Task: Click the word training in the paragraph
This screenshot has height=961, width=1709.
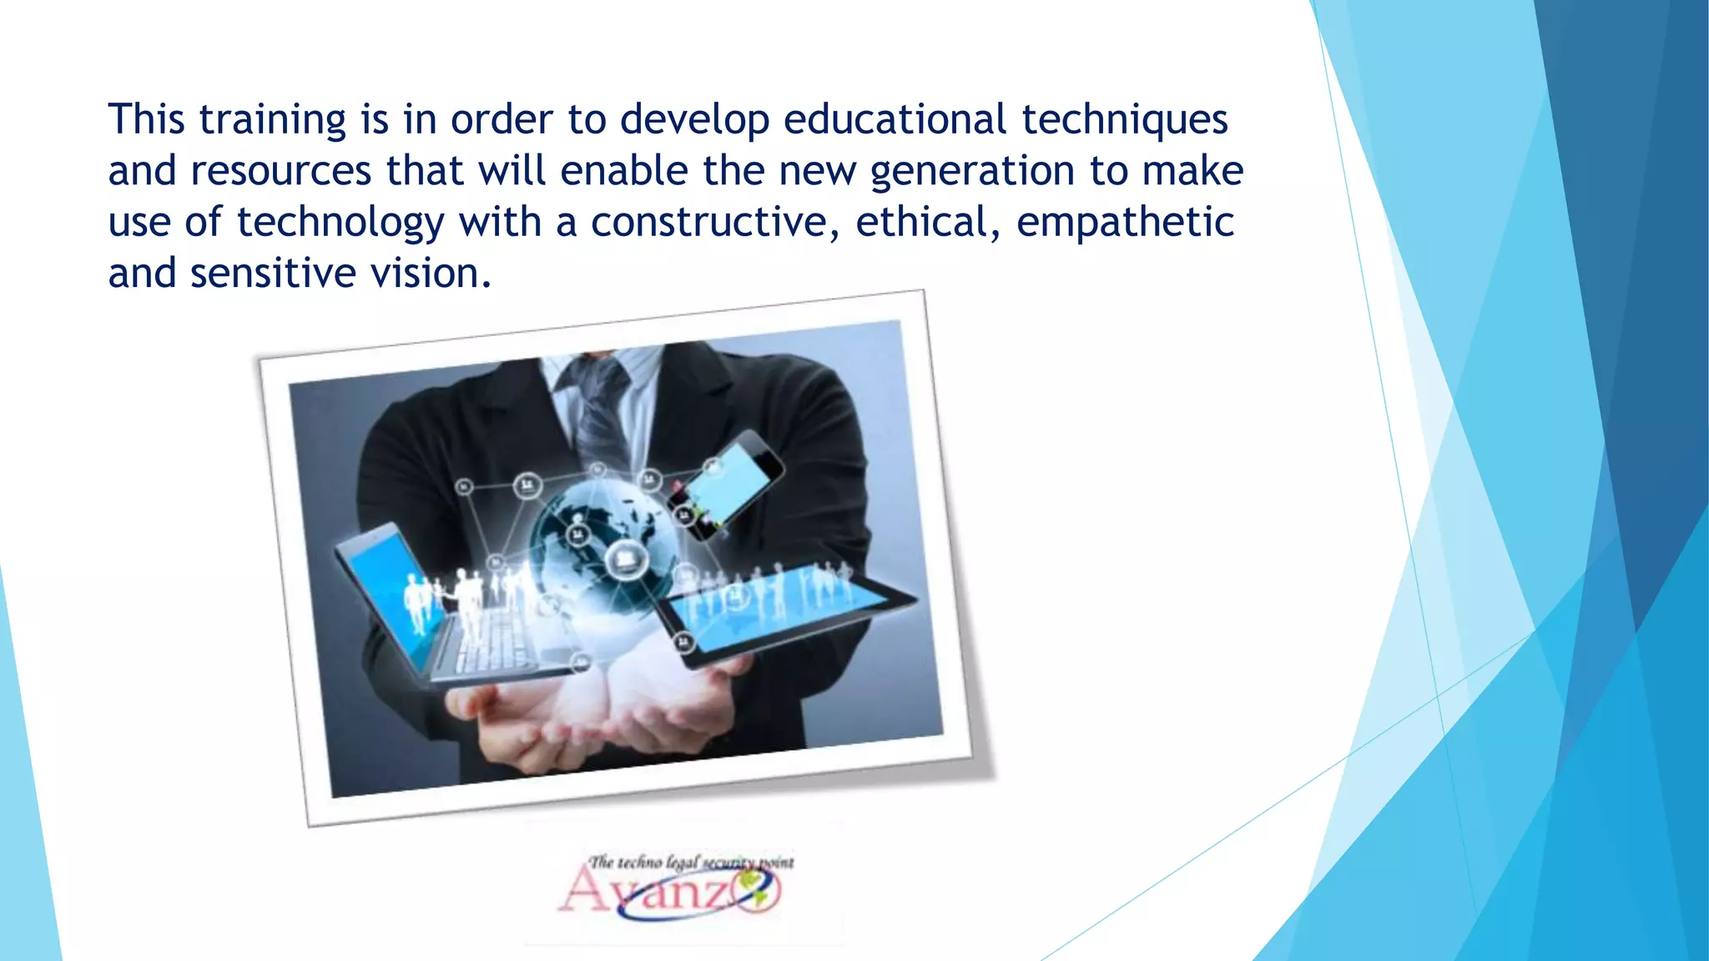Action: [272, 120]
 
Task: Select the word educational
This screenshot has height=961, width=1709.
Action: [895, 120]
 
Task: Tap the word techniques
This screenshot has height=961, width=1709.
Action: [1125, 120]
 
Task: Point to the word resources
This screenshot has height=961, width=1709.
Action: [281, 172]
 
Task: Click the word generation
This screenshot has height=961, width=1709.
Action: [972, 172]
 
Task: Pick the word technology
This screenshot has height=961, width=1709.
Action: [340, 224]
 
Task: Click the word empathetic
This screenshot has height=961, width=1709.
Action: [1125, 223]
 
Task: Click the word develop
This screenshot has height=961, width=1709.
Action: [694, 120]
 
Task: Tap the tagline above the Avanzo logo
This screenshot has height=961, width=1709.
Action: [691, 862]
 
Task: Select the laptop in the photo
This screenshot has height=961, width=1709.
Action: [434, 609]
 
